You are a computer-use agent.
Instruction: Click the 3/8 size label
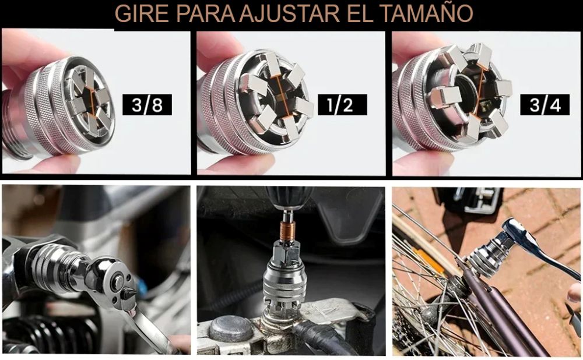coord(147,105)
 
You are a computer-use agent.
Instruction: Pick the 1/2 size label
coord(342,105)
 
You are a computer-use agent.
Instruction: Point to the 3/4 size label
coord(545,105)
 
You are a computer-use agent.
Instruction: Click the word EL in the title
coord(360,14)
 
